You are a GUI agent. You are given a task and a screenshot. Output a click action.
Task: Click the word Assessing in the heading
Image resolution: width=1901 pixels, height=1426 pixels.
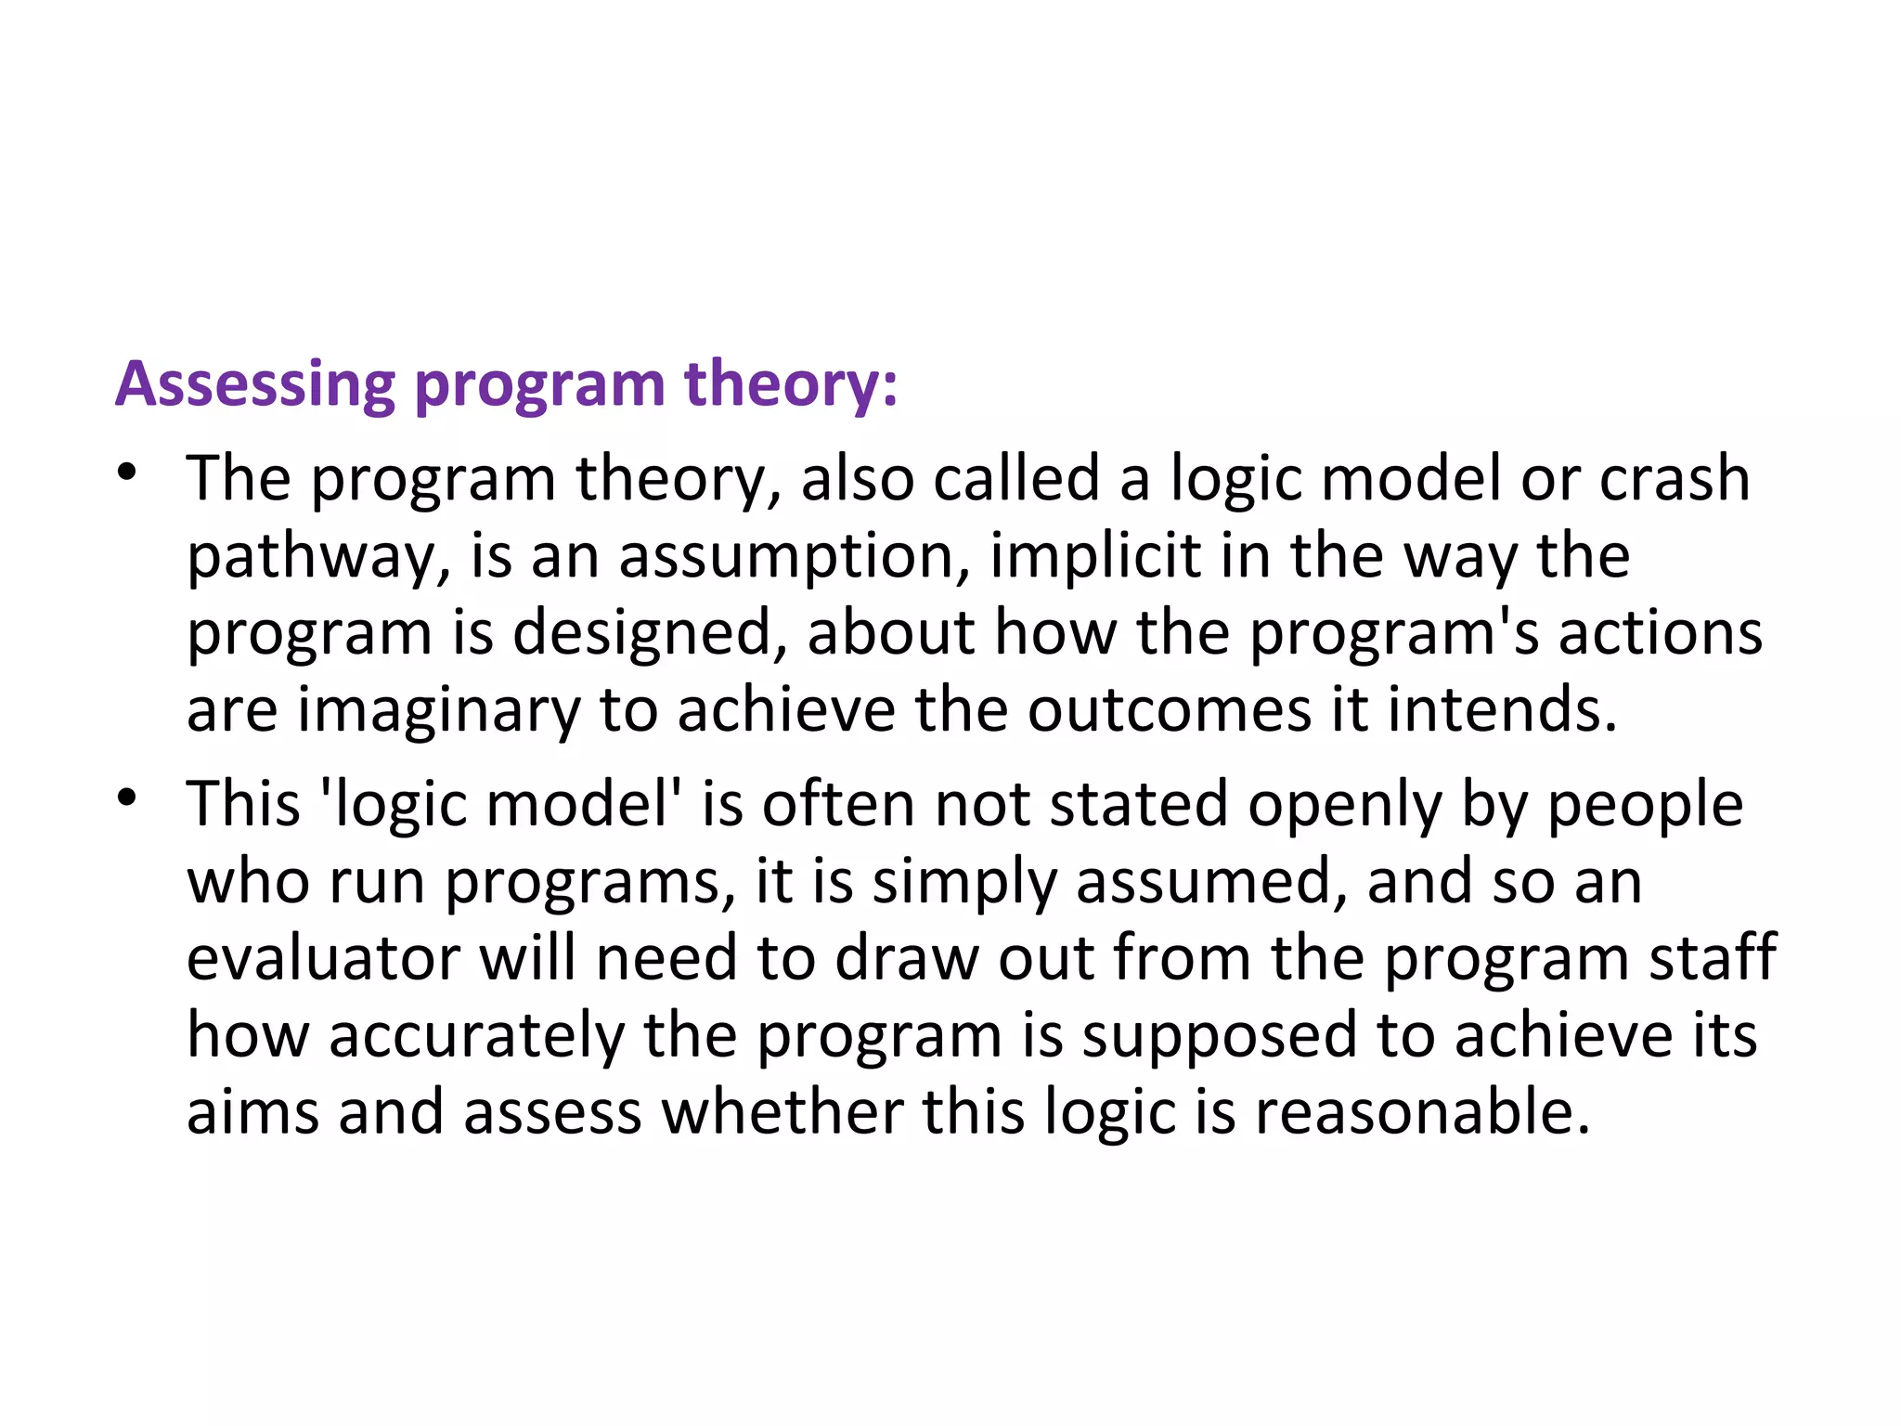coord(255,384)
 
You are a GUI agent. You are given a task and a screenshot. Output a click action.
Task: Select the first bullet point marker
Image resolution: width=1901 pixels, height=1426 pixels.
coord(127,472)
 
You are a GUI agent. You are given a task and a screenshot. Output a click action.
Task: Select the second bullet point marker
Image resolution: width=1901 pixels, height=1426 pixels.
coord(127,797)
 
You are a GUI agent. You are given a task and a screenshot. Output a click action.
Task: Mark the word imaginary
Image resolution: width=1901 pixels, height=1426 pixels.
coord(437,712)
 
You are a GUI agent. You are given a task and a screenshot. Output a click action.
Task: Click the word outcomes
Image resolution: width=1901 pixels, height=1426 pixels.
coord(1169,710)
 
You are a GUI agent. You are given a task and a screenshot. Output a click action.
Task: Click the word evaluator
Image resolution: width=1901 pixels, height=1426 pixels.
coord(323,959)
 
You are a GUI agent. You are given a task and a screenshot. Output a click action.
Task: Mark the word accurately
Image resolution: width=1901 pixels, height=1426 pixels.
coord(477,1037)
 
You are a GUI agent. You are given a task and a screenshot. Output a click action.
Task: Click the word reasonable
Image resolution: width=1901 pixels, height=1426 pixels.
coord(1422,1112)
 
